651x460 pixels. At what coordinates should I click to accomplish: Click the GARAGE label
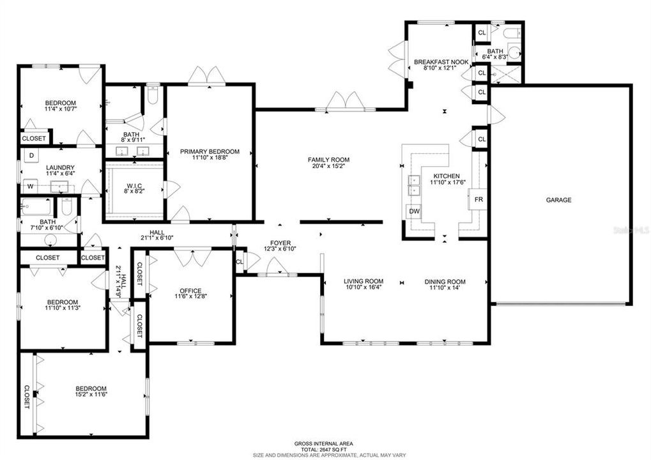[558, 200]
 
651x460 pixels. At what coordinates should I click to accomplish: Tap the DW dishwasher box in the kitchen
[415, 211]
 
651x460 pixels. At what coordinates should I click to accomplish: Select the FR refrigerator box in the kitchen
[478, 199]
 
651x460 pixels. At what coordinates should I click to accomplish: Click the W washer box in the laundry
[30, 187]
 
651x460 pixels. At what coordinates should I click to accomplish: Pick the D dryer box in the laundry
[31, 156]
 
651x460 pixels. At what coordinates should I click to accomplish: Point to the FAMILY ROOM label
[328, 160]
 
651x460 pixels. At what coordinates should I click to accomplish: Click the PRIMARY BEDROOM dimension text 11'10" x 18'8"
[210, 157]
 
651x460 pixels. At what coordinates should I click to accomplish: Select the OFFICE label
[190, 291]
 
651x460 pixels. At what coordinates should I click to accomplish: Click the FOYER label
[280, 243]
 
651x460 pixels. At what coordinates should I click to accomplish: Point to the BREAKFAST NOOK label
[441, 62]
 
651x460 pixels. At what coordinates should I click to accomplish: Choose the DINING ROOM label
[445, 282]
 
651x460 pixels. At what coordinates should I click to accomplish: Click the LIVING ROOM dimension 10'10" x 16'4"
[364, 287]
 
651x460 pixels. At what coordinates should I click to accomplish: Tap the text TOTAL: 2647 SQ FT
[324, 449]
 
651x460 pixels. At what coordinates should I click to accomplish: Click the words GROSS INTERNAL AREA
[324, 443]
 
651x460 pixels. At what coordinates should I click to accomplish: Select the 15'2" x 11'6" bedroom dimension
[91, 394]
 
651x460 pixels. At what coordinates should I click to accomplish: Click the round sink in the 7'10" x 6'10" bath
[51, 240]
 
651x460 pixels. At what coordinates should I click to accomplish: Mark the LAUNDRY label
[60, 168]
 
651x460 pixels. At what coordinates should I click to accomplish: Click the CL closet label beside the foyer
[239, 261]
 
